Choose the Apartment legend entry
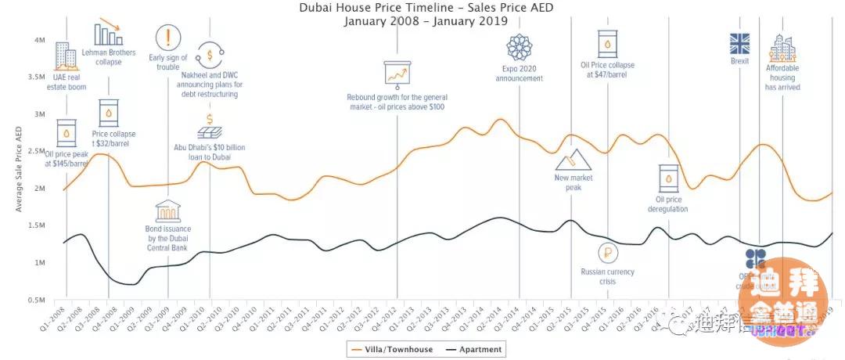(x=473, y=349)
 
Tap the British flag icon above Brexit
(x=739, y=43)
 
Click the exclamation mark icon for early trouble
(x=167, y=38)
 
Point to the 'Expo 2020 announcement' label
(x=519, y=74)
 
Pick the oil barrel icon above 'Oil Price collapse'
(x=607, y=44)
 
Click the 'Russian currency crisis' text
(x=607, y=276)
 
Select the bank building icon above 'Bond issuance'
(x=167, y=211)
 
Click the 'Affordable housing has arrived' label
(x=782, y=77)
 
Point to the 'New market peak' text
(x=574, y=182)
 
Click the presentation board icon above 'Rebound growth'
(x=397, y=73)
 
